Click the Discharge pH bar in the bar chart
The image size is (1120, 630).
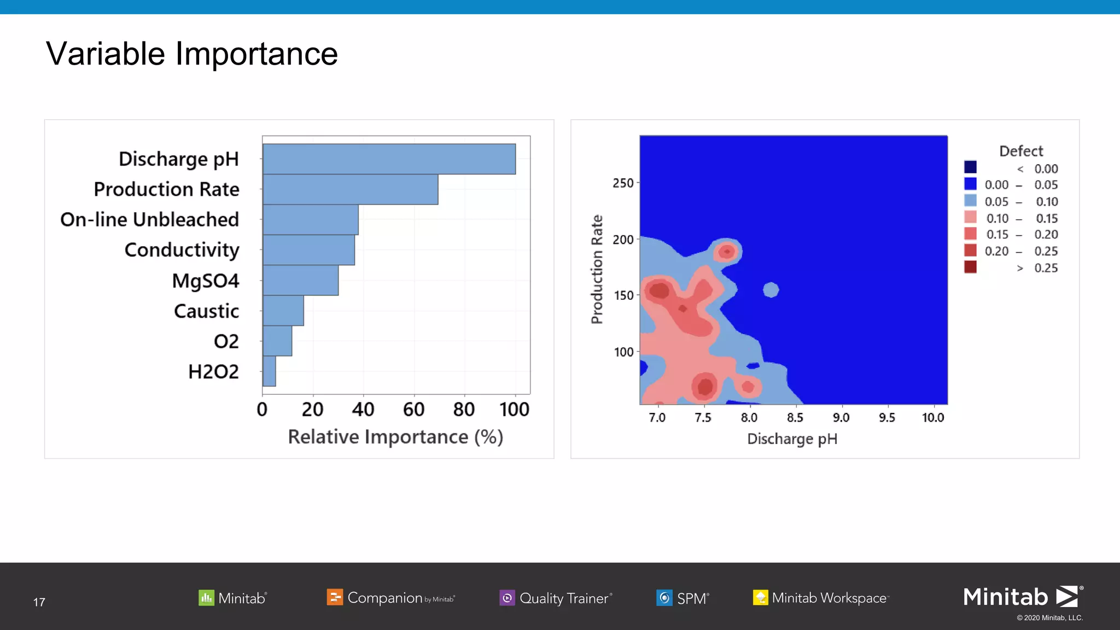[389, 159]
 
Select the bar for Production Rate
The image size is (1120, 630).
[350, 189]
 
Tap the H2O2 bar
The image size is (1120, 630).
[269, 371]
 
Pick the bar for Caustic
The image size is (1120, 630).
[283, 311]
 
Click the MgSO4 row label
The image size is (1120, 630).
[205, 281]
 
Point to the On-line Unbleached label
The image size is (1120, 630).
[149, 219]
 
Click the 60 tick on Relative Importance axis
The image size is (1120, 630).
[413, 409]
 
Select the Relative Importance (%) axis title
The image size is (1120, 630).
[395, 437]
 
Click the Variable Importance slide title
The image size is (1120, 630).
[191, 54]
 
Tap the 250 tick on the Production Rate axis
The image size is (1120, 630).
[623, 183]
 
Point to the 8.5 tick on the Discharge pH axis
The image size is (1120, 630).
[795, 418]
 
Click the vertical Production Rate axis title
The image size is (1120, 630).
[597, 269]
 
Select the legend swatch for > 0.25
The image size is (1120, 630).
[970, 267]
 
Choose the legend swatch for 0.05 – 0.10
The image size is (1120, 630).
[970, 201]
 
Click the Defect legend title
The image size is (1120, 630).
[1020, 151]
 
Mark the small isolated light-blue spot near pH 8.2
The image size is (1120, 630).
[771, 290]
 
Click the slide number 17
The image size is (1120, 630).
[39, 602]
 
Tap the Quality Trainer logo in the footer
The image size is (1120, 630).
[556, 598]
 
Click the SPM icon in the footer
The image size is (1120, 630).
[664, 598]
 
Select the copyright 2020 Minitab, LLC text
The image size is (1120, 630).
[1049, 618]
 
